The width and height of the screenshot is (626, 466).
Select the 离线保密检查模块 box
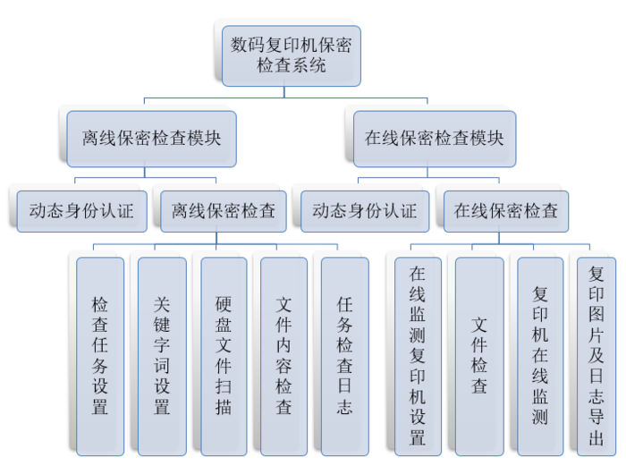coord(151,139)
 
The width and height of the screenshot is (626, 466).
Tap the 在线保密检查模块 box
coord(434,139)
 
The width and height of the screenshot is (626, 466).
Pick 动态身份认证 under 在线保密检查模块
coord(364,211)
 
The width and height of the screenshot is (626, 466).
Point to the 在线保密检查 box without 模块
coord(505,211)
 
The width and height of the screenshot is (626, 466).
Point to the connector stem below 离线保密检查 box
coord(217,238)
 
